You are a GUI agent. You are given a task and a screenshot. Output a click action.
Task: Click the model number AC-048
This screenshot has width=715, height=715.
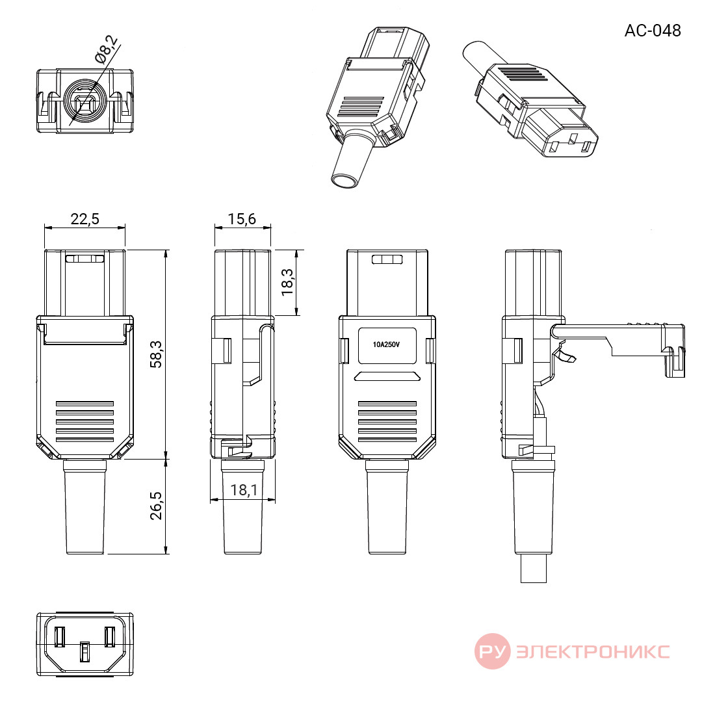(653, 31)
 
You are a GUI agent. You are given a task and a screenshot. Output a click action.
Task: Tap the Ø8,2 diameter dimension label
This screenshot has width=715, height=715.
(106, 49)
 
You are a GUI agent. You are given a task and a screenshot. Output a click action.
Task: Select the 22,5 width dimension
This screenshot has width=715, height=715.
(84, 219)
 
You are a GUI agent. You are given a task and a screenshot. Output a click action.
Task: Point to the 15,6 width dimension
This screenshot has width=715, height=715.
(242, 219)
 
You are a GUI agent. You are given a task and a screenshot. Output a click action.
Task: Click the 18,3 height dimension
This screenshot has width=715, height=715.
(287, 282)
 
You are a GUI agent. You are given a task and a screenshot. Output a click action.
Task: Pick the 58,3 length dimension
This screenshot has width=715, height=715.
(156, 354)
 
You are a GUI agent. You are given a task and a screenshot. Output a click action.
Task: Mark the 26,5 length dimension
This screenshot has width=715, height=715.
(156, 506)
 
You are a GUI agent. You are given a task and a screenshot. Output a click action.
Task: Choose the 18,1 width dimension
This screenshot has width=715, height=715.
(244, 490)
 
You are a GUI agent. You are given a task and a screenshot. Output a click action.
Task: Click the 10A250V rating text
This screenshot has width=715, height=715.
(386, 344)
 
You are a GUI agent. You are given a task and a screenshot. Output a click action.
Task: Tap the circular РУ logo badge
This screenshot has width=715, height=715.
(493, 651)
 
